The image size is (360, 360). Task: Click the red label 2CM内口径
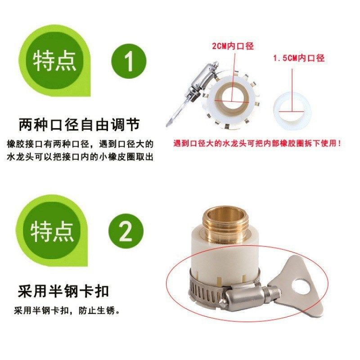click(232, 46)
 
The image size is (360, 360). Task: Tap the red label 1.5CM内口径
click(299, 58)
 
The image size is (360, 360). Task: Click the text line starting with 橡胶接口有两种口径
click(81, 144)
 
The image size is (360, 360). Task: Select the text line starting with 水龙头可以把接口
click(81, 157)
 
